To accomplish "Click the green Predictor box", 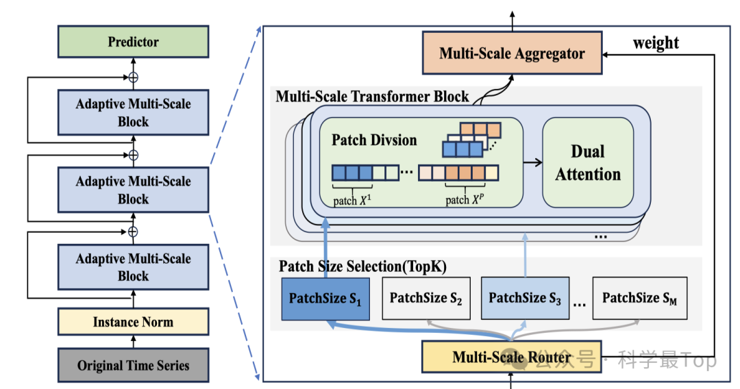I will click(x=133, y=42).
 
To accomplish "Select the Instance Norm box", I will click(x=133, y=322).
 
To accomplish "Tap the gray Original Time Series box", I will click(x=133, y=365).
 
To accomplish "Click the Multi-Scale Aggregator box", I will click(x=512, y=53).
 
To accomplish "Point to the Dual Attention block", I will click(x=588, y=162).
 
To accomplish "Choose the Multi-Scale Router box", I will click(x=511, y=357).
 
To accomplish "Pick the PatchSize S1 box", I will click(x=325, y=299).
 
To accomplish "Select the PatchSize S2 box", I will click(x=425, y=299).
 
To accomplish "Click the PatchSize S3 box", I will click(x=525, y=299).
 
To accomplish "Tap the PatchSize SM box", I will click(x=639, y=299).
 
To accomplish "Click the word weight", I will click(x=656, y=43).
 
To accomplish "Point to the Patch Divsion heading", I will click(x=374, y=140).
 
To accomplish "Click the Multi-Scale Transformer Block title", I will click(x=372, y=96).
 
